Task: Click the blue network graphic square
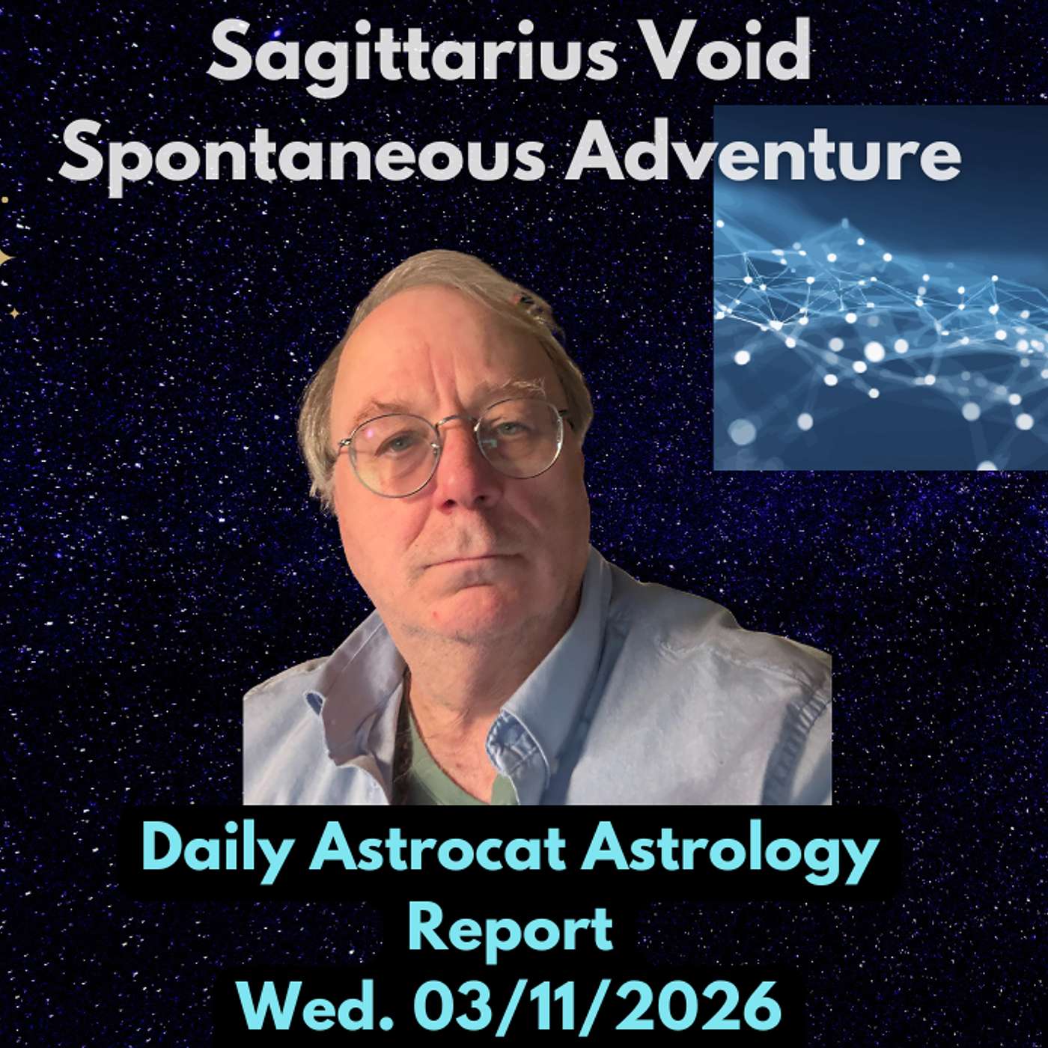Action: click(880, 287)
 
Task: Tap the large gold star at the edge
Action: click(4, 259)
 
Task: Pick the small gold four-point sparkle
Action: click(15, 313)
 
